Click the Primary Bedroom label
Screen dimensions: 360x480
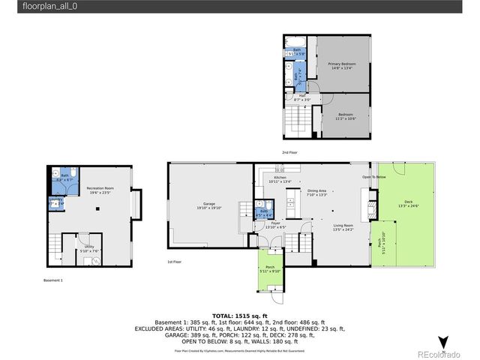click(x=341, y=65)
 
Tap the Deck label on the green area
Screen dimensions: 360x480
click(x=407, y=203)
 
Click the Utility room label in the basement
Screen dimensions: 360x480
click(x=88, y=248)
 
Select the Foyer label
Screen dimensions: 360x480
click(x=276, y=224)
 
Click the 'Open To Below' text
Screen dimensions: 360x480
click(x=373, y=178)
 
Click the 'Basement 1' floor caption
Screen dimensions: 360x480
click(x=53, y=280)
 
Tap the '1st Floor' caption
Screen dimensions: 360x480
click(x=173, y=262)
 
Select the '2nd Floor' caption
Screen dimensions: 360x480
click(x=289, y=152)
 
